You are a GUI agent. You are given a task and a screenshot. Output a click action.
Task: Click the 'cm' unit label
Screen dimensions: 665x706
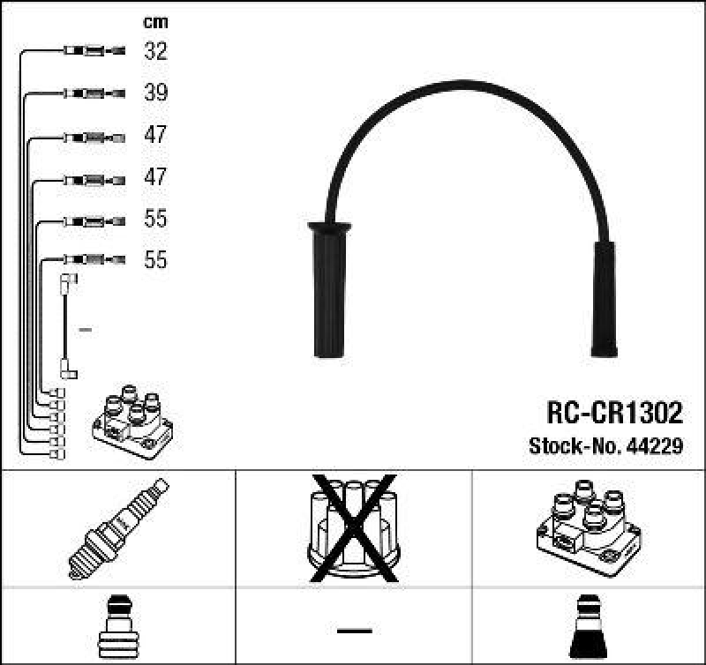tap(155, 22)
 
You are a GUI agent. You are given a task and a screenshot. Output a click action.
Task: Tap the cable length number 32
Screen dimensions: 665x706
tap(155, 51)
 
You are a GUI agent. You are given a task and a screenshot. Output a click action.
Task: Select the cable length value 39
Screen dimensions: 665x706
tap(155, 93)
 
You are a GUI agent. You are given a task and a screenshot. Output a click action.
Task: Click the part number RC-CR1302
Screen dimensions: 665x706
tap(614, 413)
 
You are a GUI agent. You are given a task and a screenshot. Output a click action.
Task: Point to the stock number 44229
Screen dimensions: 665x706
tap(657, 446)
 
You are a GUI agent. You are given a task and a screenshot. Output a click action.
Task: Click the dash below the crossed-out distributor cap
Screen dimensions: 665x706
tap(354, 630)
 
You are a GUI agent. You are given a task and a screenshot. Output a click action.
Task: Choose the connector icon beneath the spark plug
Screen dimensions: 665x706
tap(117, 627)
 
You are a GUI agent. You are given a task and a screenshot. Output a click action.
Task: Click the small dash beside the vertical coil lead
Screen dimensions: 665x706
tap(85, 330)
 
